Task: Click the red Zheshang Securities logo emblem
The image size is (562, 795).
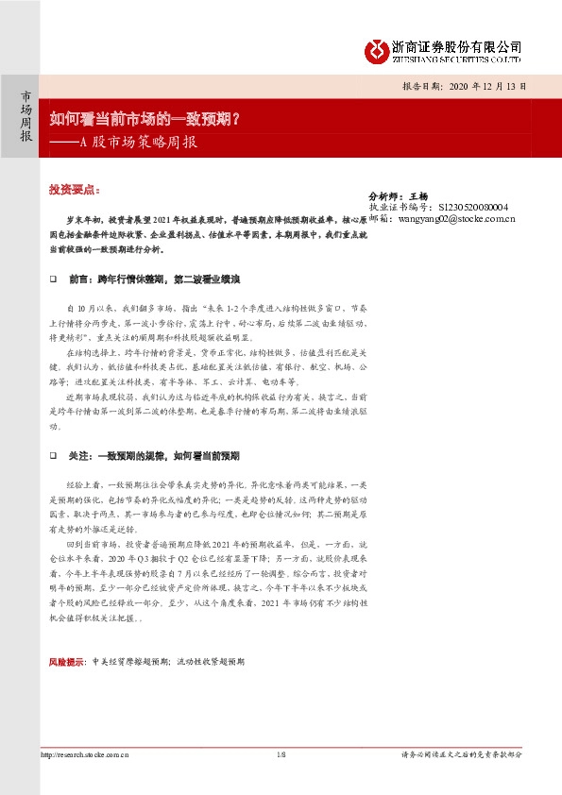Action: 376,49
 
